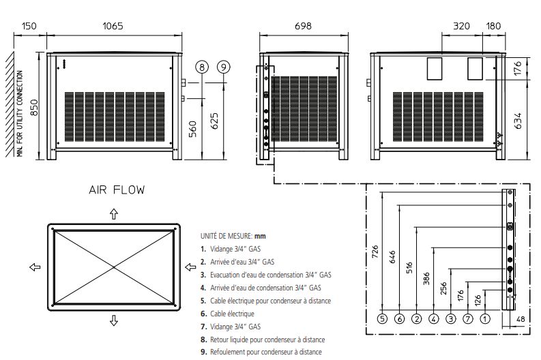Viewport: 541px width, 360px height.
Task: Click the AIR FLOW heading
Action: coord(117,190)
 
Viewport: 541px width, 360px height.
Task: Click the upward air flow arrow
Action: coord(114,214)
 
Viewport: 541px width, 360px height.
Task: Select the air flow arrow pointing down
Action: coord(114,320)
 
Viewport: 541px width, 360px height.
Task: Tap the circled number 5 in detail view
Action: coord(382,318)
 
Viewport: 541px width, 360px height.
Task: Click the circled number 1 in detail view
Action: coord(484,318)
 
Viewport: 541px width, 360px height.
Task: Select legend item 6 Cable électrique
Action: coord(227,314)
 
